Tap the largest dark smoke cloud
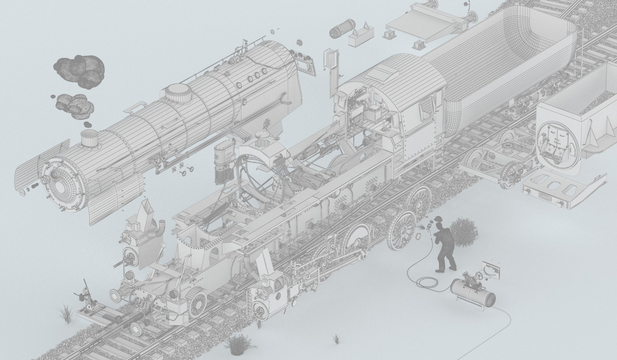click(79, 69)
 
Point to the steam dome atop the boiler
click(180, 93)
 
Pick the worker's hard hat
click(438, 219)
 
